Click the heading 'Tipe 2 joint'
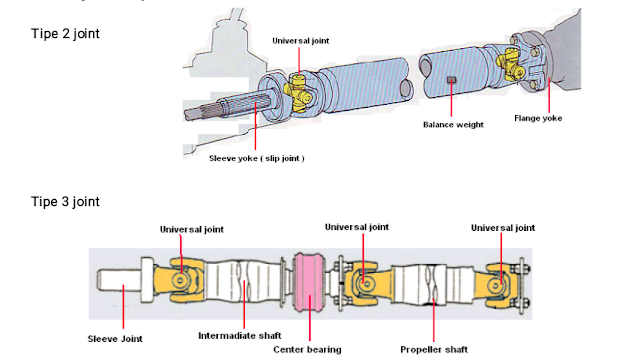pyautogui.click(x=65, y=33)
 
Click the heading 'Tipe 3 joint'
pyautogui.click(x=65, y=202)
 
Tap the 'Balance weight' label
pyautogui.click(x=453, y=125)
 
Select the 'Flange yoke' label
pyautogui.click(x=538, y=118)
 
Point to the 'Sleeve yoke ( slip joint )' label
pyautogui.click(x=257, y=158)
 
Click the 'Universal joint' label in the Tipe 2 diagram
pyautogui.click(x=301, y=41)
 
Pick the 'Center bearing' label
pyautogui.click(x=307, y=350)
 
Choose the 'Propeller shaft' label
pyautogui.click(x=434, y=350)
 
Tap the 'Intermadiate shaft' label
pyautogui.click(x=240, y=336)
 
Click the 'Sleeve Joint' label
pyautogui.click(x=115, y=339)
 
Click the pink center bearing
pyautogui.click(x=309, y=283)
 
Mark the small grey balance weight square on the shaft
pyautogui.click(x=451, y=80)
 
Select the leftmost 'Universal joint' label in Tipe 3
pyautogui.click(x=192, y=229)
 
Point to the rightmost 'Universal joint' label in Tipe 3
pyautogui.click(x=503, y=228)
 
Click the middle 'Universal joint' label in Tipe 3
pyautogui.click(x=357, y=227)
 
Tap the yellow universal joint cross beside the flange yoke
pyautogui.click(x=510, y=63)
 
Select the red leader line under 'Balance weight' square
pyautogui.click(x=451, y=99)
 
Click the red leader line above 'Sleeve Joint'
pyautogui.click(x=123, y=307)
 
